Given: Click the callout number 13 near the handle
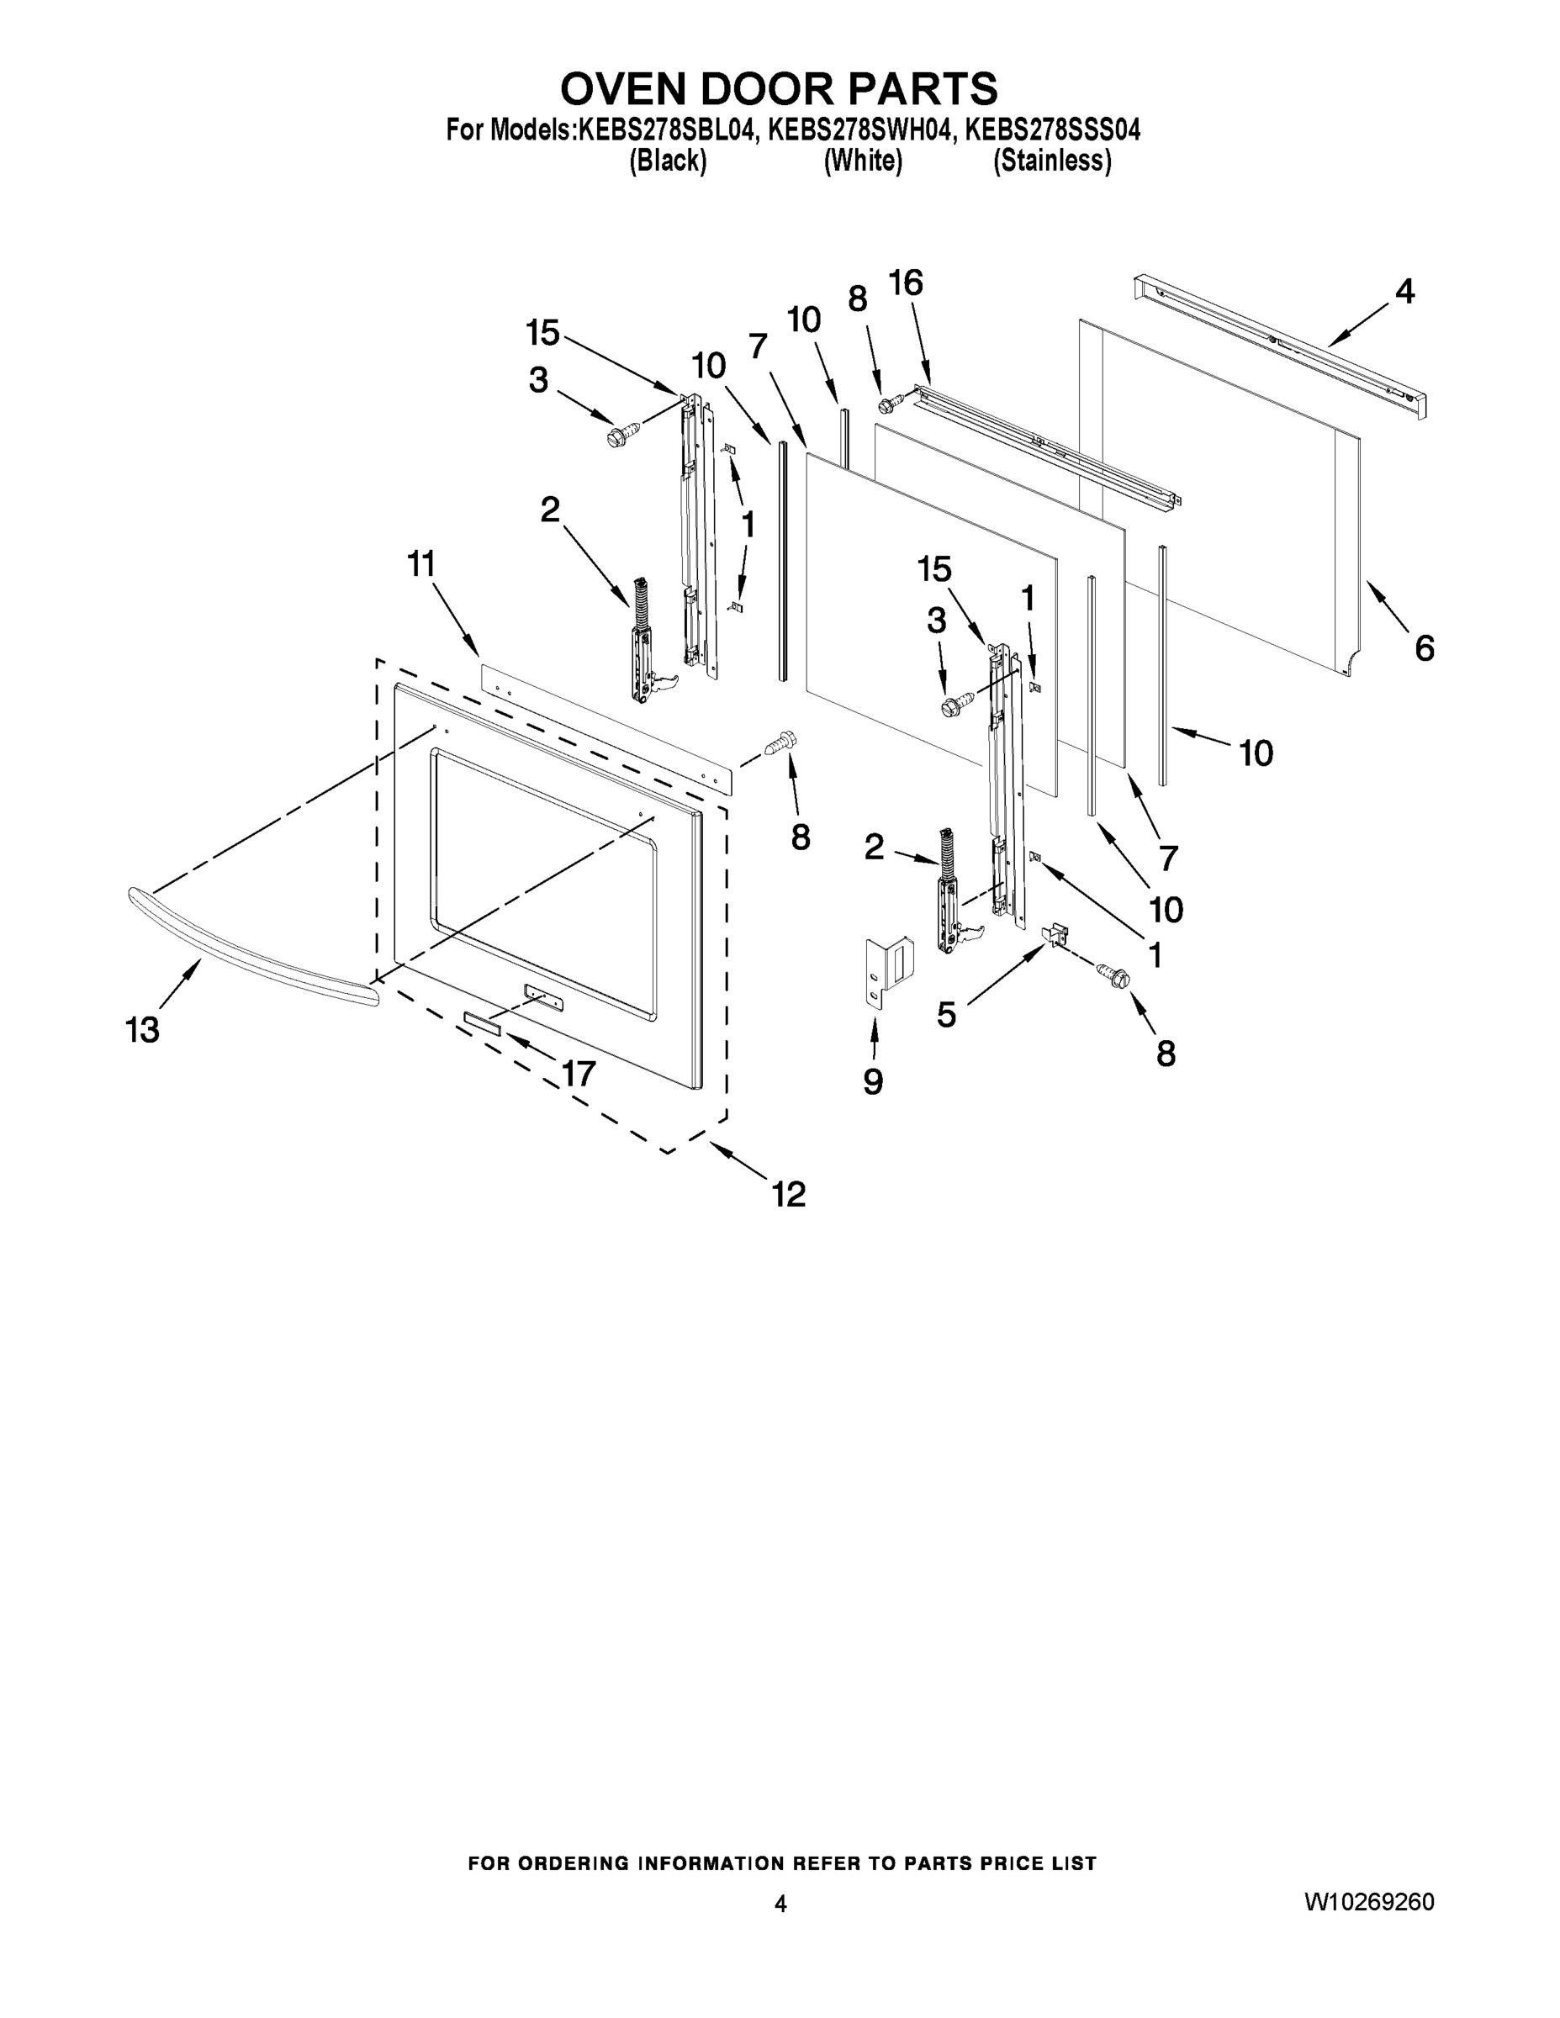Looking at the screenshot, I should [142, 1028].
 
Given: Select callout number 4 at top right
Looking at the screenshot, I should [1404, 292].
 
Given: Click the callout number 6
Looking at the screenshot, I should [1424, 648].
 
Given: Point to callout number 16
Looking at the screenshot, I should [906, 283].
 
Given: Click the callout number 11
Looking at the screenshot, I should [421, 563].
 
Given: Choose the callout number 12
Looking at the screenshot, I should [789, 1194].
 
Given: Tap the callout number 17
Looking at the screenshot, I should [579, 1073].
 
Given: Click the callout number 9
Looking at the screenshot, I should [872, 1082].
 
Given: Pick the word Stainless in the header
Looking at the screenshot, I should [1052, 161].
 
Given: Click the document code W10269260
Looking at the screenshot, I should [1370, 1902].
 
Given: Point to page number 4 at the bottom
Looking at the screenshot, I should [780, 1903].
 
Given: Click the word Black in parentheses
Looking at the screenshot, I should [667, 161].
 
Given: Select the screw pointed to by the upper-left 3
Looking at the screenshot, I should [624, 433].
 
